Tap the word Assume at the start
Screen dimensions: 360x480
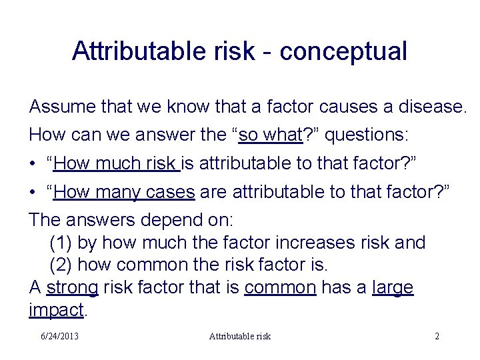[x=61, y=106]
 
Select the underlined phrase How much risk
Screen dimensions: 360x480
[x=117, y=163]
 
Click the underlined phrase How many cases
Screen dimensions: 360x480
[x=125, y=193]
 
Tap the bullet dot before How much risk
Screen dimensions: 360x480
[x=33, y=164]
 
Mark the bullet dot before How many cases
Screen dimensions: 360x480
[x=33, y=193]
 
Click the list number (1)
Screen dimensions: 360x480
[x=61, y=243]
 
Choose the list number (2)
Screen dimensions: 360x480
[x=61, y=265]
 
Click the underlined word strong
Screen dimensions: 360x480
[x=73, y=287]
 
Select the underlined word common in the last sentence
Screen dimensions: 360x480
[x=280, y=287]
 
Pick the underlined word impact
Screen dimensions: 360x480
[x=57, y=309]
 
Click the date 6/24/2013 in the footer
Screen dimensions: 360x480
[x=58, y=337]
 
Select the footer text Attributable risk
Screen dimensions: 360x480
[x=239, y=337]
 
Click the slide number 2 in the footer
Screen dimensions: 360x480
[x=437, y=337]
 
